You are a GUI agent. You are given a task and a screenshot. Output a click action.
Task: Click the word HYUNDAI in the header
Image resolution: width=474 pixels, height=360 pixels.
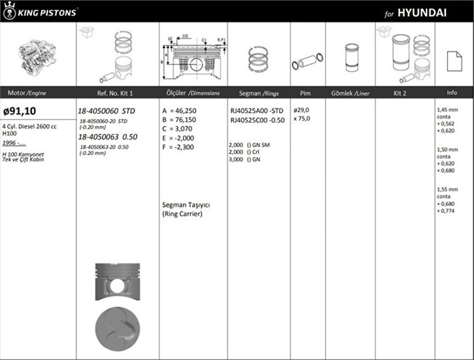tap(422, 12)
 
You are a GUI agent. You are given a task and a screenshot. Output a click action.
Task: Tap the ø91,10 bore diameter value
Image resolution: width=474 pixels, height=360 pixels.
tap(20, 111)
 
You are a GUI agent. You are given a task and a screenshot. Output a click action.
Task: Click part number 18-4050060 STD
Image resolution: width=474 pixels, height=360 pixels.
tap(106, 111)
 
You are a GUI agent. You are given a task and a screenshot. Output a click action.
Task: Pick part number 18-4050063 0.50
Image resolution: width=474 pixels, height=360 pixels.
tap(108, 137)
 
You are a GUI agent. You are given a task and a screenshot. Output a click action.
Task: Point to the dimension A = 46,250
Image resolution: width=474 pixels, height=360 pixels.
tap(180, 111)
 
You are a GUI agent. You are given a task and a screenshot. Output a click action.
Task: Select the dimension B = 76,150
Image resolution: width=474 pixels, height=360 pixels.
tap(180, 120)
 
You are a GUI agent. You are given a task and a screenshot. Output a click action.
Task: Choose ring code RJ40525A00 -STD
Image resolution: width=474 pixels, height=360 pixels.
tap(257, 111)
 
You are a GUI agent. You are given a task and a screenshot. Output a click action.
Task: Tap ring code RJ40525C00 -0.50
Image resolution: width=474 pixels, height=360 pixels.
tap(257, 120)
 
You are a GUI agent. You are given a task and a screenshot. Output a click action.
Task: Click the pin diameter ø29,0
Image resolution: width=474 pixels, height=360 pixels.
tap(301, 110)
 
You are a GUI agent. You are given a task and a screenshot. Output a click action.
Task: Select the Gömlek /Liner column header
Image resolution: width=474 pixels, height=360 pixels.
tap(350, 93)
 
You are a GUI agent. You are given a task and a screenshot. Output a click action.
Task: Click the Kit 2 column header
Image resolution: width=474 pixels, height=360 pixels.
tap(400, 93)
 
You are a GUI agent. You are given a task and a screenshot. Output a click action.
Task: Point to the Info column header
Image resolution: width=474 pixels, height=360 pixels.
tap(452, 93)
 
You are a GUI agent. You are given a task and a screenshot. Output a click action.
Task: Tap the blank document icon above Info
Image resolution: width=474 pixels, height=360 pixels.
tap(454, 61)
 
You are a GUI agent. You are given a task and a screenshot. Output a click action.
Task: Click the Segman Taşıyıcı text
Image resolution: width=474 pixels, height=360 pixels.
tap(186, 205)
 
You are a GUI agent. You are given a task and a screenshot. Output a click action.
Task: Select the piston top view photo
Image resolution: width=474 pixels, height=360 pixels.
tap(117, 328)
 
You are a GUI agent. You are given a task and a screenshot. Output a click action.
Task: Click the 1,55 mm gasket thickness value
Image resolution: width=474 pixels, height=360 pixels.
tap(447, 189)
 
